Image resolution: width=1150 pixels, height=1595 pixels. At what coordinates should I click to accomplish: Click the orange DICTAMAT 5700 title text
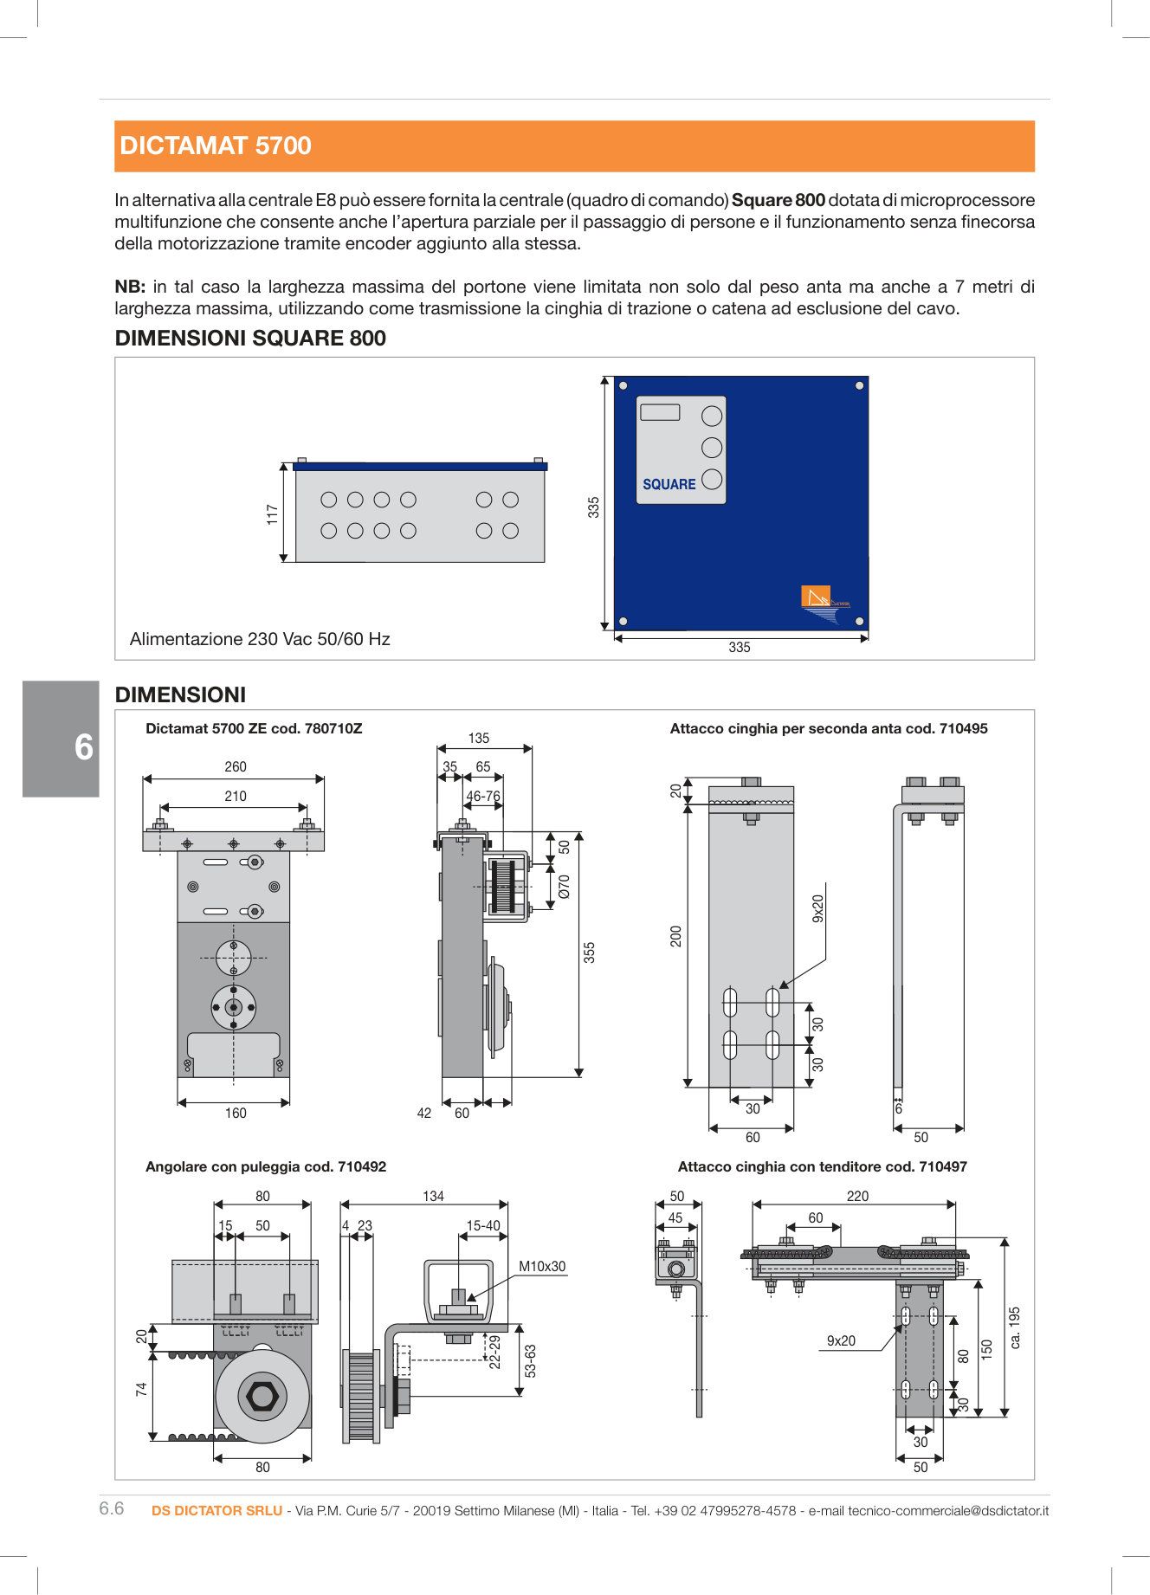click(216, 145)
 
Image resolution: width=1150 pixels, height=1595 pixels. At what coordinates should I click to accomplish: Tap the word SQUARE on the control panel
click(669, 485)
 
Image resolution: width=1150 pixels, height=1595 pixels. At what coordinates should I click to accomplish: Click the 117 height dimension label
click(272, 514)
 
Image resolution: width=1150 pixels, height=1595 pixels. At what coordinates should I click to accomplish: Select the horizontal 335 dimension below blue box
click(739, 648)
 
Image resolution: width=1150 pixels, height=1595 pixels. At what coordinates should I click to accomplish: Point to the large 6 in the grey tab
click(83, 747)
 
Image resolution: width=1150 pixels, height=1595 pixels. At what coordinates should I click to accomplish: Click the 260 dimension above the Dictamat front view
click(235, 767)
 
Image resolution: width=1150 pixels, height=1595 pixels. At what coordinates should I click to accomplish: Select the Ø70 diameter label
click(565, 886)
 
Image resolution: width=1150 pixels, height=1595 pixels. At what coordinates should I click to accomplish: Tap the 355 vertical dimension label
click(590, 952)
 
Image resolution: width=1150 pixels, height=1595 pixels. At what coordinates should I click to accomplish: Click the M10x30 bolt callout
click(542, 1266)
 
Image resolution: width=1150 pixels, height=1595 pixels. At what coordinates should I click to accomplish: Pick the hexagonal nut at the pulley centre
click(262, 1396)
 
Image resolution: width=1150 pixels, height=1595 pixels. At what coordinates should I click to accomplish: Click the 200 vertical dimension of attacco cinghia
click(676, 936)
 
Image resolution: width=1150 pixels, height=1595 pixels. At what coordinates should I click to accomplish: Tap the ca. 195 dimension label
click(1016, 1327)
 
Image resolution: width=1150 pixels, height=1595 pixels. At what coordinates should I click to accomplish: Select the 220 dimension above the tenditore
click(857, 1196)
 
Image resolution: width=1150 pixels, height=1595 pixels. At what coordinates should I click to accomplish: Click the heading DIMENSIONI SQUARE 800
click(250, 339)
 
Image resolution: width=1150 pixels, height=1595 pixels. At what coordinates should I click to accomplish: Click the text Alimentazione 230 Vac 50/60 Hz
click(260, 639)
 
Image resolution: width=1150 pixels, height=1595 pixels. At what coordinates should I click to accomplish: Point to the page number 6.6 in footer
click(112, 1508)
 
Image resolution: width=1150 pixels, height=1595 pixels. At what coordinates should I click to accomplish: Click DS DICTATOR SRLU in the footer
click(216, 1510)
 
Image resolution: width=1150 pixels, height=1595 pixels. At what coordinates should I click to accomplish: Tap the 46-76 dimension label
click(483, 797)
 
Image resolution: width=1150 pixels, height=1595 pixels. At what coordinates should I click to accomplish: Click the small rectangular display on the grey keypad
click(661, 412)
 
